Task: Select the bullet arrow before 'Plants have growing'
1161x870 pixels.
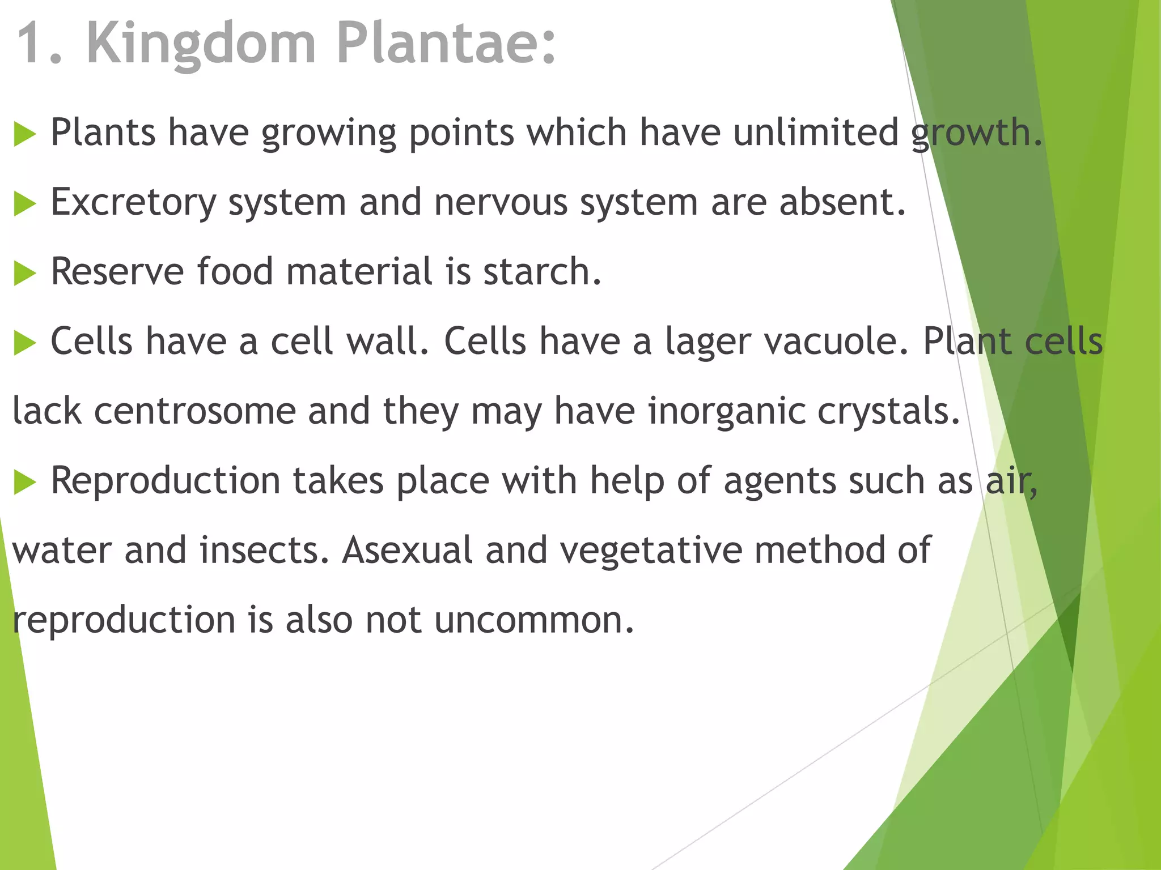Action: pyautogui.click(x=24, y=135)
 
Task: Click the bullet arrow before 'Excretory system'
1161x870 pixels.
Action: pyautogui.click(x=24, y=204)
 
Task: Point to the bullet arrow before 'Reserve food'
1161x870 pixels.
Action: pyautogui.click(x=24, y=274)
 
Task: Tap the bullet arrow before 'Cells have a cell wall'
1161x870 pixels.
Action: pyautogui.click(x=24, y=344)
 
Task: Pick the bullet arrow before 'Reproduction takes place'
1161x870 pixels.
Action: pyautogui.click(x=24, y=483)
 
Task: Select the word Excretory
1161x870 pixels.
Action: pyautogui.click(x=134, y=203)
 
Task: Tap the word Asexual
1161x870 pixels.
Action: pyautogui.click(x=407, y=551)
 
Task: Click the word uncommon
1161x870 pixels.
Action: pyautogui.click(x=534, y=620)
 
